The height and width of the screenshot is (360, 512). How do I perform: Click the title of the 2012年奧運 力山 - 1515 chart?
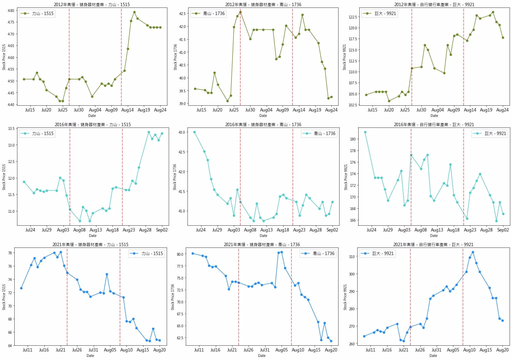pyautogui.click(x=92, y=4)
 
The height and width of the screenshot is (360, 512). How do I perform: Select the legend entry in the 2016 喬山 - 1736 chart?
pyautogui.click(x=319, y=134)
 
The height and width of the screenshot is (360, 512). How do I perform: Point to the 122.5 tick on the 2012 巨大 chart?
pyautogui.click(x=352, y=17)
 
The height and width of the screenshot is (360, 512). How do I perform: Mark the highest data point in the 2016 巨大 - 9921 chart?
pyautogui.click(x=365, y=132)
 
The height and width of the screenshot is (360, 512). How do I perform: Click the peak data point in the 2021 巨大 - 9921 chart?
pyautogui.click(x=473, y=252)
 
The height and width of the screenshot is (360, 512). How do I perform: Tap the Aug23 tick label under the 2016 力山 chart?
pyautogui.click(x=129, y=230)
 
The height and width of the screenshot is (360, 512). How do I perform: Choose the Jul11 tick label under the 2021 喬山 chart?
pyautogui.click(x=199, y=350)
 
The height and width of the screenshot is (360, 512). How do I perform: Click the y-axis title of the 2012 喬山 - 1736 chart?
pyautogui.click(x=175, y=57)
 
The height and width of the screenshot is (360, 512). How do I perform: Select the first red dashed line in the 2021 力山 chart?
pyautogui.click(x=67, y=297)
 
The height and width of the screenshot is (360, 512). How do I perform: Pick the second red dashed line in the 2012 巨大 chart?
pyautogui.click(x=464, y=56)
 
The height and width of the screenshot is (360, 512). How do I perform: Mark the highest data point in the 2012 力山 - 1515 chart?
pyautogui.click(x=134, y=12)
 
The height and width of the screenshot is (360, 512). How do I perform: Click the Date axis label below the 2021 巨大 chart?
pyautogui.click(x=433, y=356)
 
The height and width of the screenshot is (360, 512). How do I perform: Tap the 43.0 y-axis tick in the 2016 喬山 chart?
pyautogui.click(x=181, y=132)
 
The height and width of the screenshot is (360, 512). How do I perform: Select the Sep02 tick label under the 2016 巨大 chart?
pyautogui.click(x=503, y=230)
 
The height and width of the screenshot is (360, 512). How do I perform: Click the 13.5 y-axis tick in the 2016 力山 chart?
pyautogui.click(x=11, y=129)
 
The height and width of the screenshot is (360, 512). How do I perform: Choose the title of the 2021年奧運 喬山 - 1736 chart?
pyautogui.click(x=262, y=244)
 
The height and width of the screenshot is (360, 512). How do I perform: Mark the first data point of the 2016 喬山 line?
pyautogui.click(x=194, y=132)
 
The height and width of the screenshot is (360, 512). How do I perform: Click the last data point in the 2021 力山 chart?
pyautogui.click(x=160, y=340)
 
